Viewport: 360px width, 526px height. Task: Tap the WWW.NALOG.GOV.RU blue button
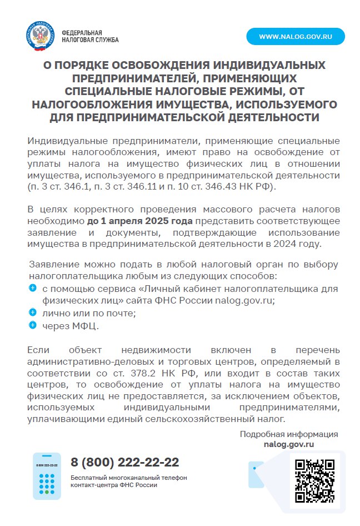pyautogui.click(x=296, y=37)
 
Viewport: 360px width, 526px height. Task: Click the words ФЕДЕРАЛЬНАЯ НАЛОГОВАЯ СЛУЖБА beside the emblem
pyautogui.click(x=90, y=37)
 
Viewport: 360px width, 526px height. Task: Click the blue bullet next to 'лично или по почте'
pyautogui.click(x=32, y=312)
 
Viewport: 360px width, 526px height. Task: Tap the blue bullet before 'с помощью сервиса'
pyautogui.click(x=32, y=287)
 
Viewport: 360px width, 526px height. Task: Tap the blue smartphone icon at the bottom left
pyautogui.click(x=47, y=475)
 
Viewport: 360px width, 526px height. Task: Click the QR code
pyautogui.click(x=314, y=480)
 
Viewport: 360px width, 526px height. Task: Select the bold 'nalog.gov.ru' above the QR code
pyautogui.click(x=289, y=444)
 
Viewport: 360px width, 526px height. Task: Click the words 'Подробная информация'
pyautogui.click(x=289, y=434)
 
